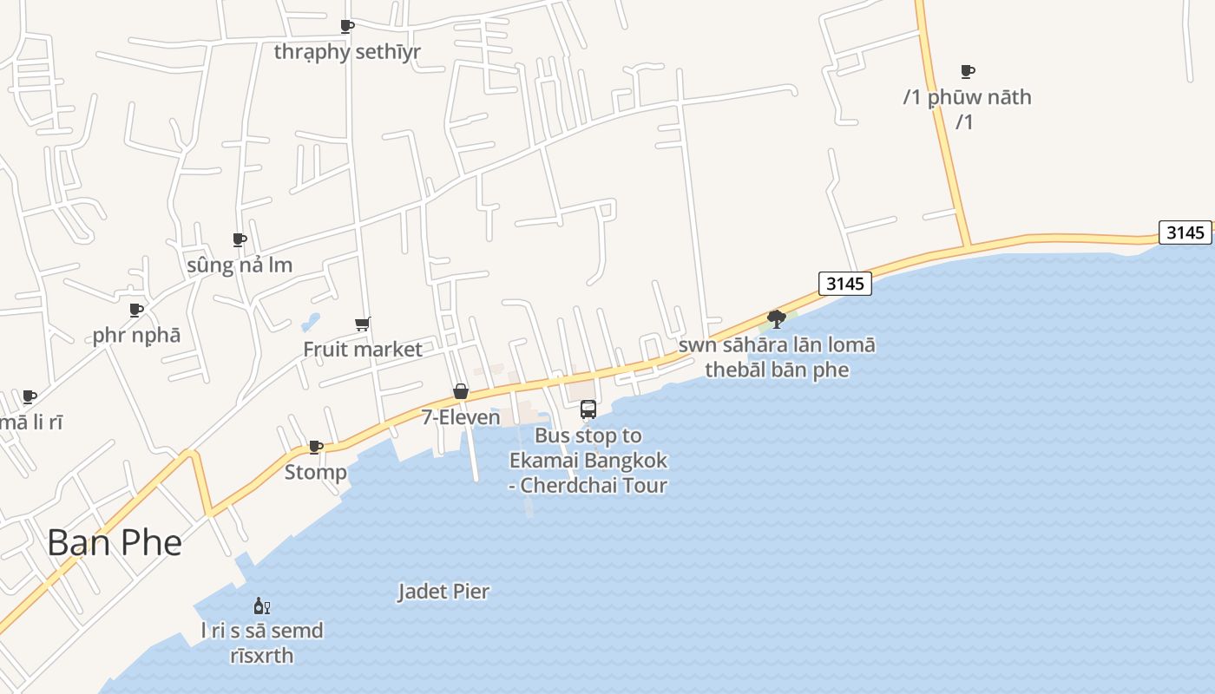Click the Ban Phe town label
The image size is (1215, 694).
(x=115, y=543)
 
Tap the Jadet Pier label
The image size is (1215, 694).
(x=443, y=592)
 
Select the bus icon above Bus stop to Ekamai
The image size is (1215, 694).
(x=588, y=409)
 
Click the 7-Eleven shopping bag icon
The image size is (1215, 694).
(x=461, y=392)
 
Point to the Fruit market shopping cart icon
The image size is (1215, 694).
(x=363, y=324)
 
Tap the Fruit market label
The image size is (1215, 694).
(x=363, y=350)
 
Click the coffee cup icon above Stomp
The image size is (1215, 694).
(x=316, y=448)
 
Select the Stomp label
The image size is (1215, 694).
(x=316, y=473)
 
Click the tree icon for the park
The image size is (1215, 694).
(x=777, y=319)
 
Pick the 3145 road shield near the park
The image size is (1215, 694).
(x=844, y=284)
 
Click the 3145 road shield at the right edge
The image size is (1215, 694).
(x=1185, y=232)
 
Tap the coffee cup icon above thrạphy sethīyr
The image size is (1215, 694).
(x=347, y=27)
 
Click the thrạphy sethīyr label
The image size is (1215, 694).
(x=347, y=52)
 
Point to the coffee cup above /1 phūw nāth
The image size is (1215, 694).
(x=968, y=72)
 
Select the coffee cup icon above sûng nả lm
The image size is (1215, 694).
(x=240, y=240)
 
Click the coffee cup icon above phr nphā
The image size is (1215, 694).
(x=136, y=311)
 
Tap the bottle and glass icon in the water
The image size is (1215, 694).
(x=261, y=606)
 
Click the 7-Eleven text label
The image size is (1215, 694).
(x=461, y=417)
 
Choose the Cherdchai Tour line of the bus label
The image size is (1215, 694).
(x=588, y=485)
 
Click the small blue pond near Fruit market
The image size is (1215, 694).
(x=310, y=324)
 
